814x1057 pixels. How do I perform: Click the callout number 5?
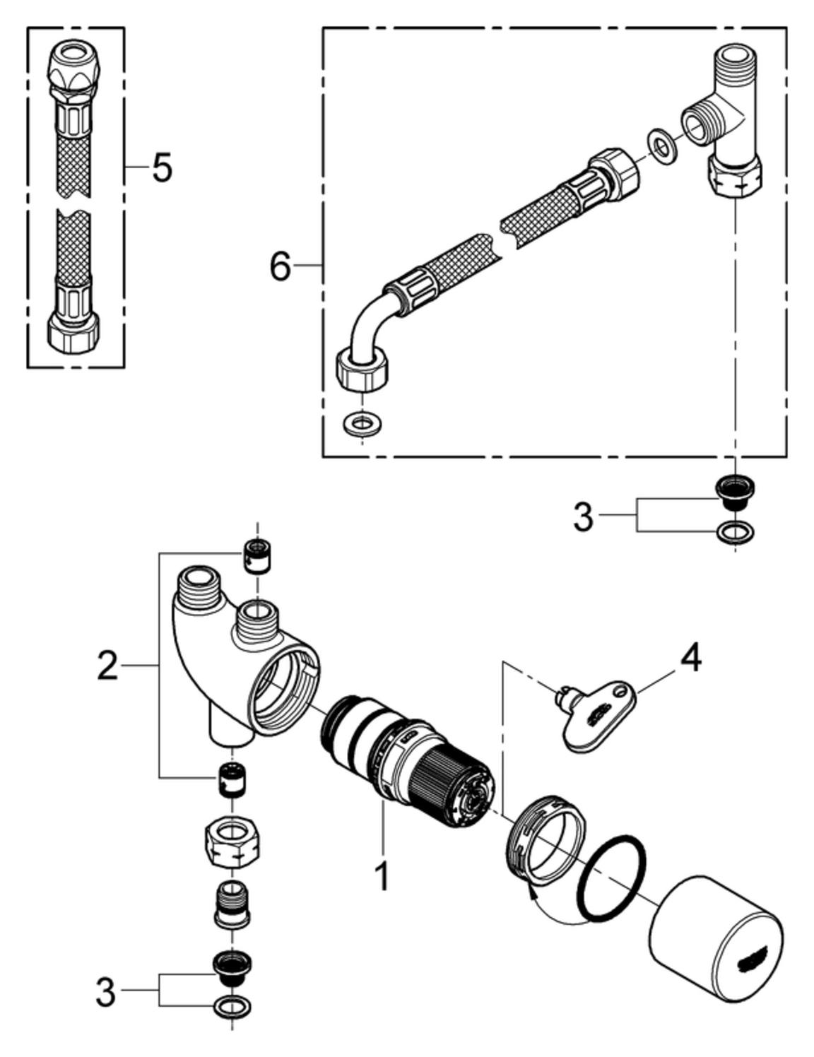coord(163,168)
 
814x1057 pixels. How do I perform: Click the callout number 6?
coord(281,266)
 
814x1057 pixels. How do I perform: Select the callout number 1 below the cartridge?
coord(382,875)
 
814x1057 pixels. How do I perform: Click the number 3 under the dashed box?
coord(583,517)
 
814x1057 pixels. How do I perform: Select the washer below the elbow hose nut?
coord(362,425)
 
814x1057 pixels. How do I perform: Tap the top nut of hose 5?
coord(73,71)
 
